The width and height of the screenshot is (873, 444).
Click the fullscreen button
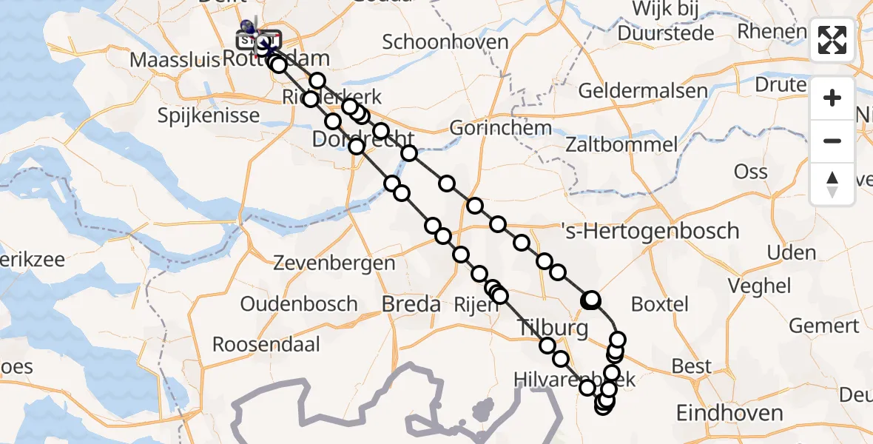832,40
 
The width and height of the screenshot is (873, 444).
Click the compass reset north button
832,184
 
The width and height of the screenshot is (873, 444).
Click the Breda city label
411,303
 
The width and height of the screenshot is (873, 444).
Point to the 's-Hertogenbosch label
650,230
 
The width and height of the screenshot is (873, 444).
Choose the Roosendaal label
266,344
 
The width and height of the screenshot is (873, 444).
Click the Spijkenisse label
209,115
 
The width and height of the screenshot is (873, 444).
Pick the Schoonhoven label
445,41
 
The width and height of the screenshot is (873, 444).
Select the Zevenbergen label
334,263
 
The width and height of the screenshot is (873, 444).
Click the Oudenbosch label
299,304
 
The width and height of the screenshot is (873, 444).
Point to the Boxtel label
660,304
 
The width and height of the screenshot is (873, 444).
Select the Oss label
751,172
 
